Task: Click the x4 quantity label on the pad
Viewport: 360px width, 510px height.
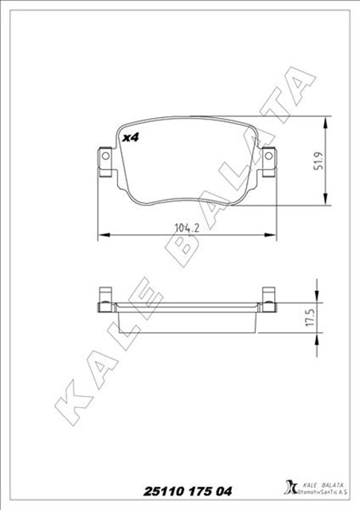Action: point(131,137)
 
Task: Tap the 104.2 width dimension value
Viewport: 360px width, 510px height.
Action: point(186,229)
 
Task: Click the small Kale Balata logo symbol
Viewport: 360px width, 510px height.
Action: point(290,486)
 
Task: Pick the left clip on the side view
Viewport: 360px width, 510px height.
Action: point(103,298)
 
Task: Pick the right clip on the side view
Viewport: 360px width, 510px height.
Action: point(269,298)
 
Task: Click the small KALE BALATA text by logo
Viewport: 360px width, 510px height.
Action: point(322,480)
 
